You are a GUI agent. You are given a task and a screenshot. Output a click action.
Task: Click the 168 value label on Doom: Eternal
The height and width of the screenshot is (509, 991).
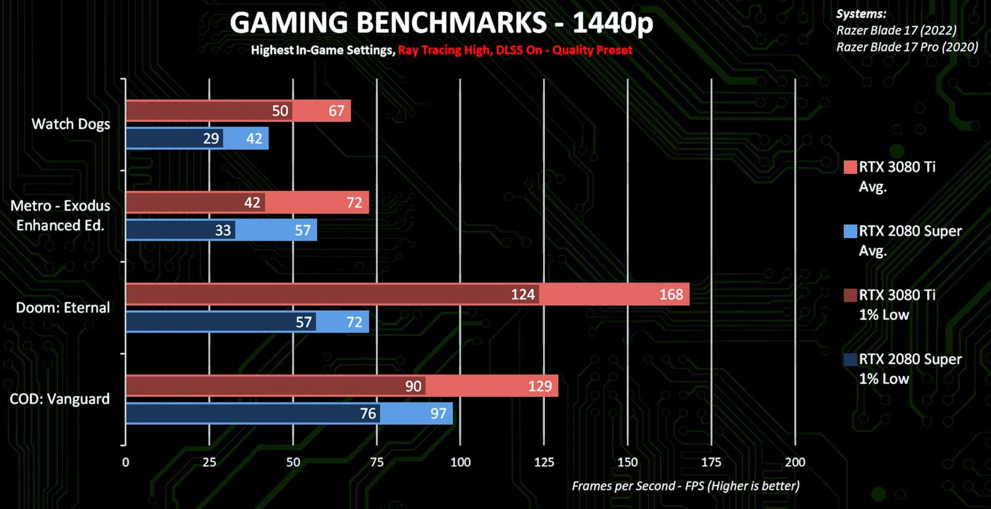[x=671, y=295]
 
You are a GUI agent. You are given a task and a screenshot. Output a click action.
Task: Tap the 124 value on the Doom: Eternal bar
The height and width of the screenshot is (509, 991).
[x=523, y=295]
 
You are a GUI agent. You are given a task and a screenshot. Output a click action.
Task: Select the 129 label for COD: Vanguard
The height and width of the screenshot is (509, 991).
[x=539, y=386]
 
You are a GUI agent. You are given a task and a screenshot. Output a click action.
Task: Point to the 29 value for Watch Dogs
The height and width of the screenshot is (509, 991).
[x=211, y=139]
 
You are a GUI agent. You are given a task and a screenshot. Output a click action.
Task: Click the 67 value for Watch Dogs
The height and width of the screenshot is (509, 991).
[x=336, y=111]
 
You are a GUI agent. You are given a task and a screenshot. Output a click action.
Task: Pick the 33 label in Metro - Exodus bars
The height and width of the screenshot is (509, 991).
[x=222, y=230]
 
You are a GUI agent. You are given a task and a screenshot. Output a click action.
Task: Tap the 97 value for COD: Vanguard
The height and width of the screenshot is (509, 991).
[x=439, y=414]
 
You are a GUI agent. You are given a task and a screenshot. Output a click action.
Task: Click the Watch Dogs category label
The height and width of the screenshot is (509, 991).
[x=71, y=124]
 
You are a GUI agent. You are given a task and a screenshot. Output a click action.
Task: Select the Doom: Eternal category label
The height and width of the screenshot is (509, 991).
[x=63, y=308]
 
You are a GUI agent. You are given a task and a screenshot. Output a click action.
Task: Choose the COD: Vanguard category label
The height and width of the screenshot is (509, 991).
[x=59, y=399]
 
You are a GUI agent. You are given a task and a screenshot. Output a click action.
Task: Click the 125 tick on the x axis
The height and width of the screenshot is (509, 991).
[x=544, y=462]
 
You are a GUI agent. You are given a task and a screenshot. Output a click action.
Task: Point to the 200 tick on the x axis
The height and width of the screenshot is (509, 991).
[x=795, y=462]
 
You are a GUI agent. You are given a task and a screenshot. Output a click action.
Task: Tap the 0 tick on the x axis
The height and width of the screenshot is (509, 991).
[x=126, y=462]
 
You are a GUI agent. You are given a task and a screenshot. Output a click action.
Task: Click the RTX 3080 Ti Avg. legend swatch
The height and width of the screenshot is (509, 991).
[x=850, y=167]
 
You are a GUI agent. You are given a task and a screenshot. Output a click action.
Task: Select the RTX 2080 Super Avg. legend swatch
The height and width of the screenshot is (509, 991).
[x=850, y=232]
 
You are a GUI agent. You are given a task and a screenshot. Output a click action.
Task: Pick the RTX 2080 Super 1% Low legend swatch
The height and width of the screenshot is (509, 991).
[x=850, y=360]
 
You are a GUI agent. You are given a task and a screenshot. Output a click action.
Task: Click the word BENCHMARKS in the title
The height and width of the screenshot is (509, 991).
[x=452, y=24]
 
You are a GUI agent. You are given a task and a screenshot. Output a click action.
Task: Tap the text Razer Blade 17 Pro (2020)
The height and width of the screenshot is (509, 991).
[x=907, y=47]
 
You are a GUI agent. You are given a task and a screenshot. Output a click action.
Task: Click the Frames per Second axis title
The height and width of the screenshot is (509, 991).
[x=685, y=486]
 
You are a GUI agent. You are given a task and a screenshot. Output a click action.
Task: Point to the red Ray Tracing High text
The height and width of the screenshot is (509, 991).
[x=444, y=50]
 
